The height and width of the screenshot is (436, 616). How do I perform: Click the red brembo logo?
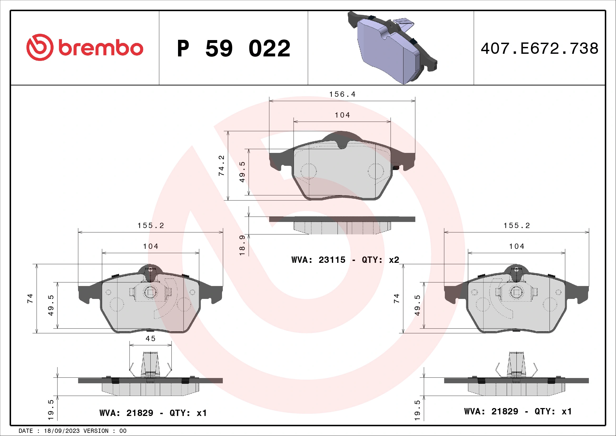[85, 47]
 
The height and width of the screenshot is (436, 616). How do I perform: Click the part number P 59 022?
[233, 49]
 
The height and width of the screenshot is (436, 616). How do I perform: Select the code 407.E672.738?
[539, 49]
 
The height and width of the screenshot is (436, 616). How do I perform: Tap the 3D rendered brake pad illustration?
[392, 48]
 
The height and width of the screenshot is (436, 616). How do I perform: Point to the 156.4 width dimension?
[342, 94]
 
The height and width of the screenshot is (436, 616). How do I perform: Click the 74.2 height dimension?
[221, 166]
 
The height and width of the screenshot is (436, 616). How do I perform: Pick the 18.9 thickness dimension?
[242, 245]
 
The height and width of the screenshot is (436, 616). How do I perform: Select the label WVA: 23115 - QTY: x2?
[345, 260]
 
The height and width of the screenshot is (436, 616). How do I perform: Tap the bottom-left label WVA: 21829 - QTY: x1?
[153, 413]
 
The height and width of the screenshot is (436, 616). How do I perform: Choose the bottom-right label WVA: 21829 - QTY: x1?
[518, 411]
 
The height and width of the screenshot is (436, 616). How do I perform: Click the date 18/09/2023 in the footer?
[61, 431]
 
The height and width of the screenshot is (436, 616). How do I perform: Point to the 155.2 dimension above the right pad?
[516, 226]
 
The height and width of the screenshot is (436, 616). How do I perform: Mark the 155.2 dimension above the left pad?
[151, 226]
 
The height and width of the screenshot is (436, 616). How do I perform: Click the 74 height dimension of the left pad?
[30, 298]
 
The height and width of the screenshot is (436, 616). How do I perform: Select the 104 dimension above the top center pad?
[342, 115]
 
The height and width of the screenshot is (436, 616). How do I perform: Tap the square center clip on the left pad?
[150, 292]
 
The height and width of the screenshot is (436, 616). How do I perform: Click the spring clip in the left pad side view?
[150, 365]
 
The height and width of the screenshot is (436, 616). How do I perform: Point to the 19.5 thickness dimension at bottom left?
[51, 410]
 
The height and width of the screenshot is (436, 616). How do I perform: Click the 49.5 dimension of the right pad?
[417, 305]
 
